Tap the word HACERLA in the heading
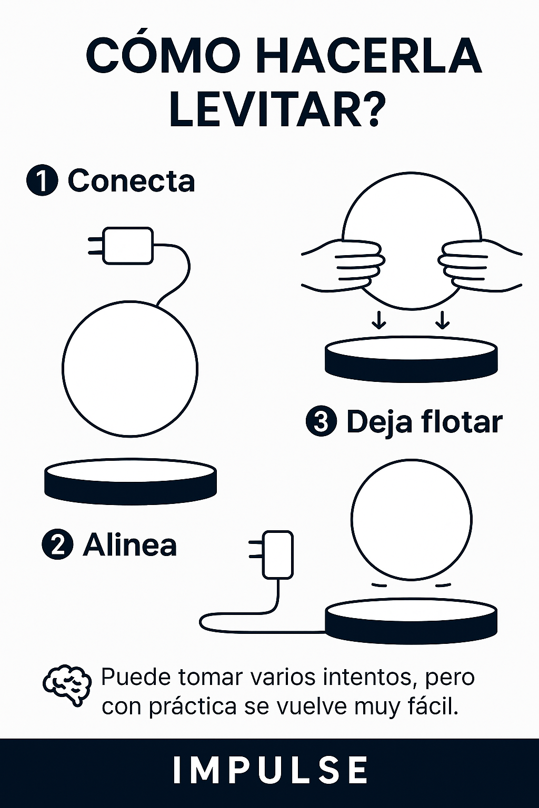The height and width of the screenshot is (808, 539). (x=368, y=56)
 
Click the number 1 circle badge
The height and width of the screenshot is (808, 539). (x=42, y=181)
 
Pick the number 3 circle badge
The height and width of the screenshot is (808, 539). (x=321, y=422)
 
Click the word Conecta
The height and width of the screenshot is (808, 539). (x=131, y=181)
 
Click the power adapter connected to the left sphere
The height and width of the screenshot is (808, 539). (x=127, y=245)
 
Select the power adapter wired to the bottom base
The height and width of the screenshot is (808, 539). (x=277, y=554)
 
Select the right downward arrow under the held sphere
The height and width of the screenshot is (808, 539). (x=443, y=320)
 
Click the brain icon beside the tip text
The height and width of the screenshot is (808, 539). (x=66, y=685)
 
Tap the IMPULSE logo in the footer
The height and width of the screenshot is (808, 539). (x=269, y=771)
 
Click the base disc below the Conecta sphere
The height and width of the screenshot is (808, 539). (x=131, y=481)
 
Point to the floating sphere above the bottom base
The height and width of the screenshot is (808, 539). (x=411, y=520)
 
